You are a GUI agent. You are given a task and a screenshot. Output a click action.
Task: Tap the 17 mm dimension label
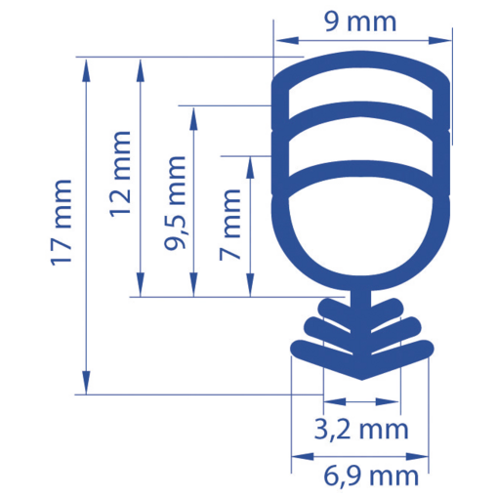pyautogui.click(x=62, y=224)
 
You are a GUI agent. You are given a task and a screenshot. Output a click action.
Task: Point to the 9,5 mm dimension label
pyautogui.click(x=177, y=203)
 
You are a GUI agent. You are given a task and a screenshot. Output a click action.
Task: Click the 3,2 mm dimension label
pyautogui.click(x=362, y=429)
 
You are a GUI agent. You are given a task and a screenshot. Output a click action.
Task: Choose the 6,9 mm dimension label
pyautogui.click(x=370, y=476)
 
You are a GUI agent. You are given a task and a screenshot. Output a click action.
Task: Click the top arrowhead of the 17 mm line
pyautogui.click(x=88, y=64)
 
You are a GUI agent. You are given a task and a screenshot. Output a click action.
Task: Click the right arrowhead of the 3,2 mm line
pyautogui.click(x=394, y=401)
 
